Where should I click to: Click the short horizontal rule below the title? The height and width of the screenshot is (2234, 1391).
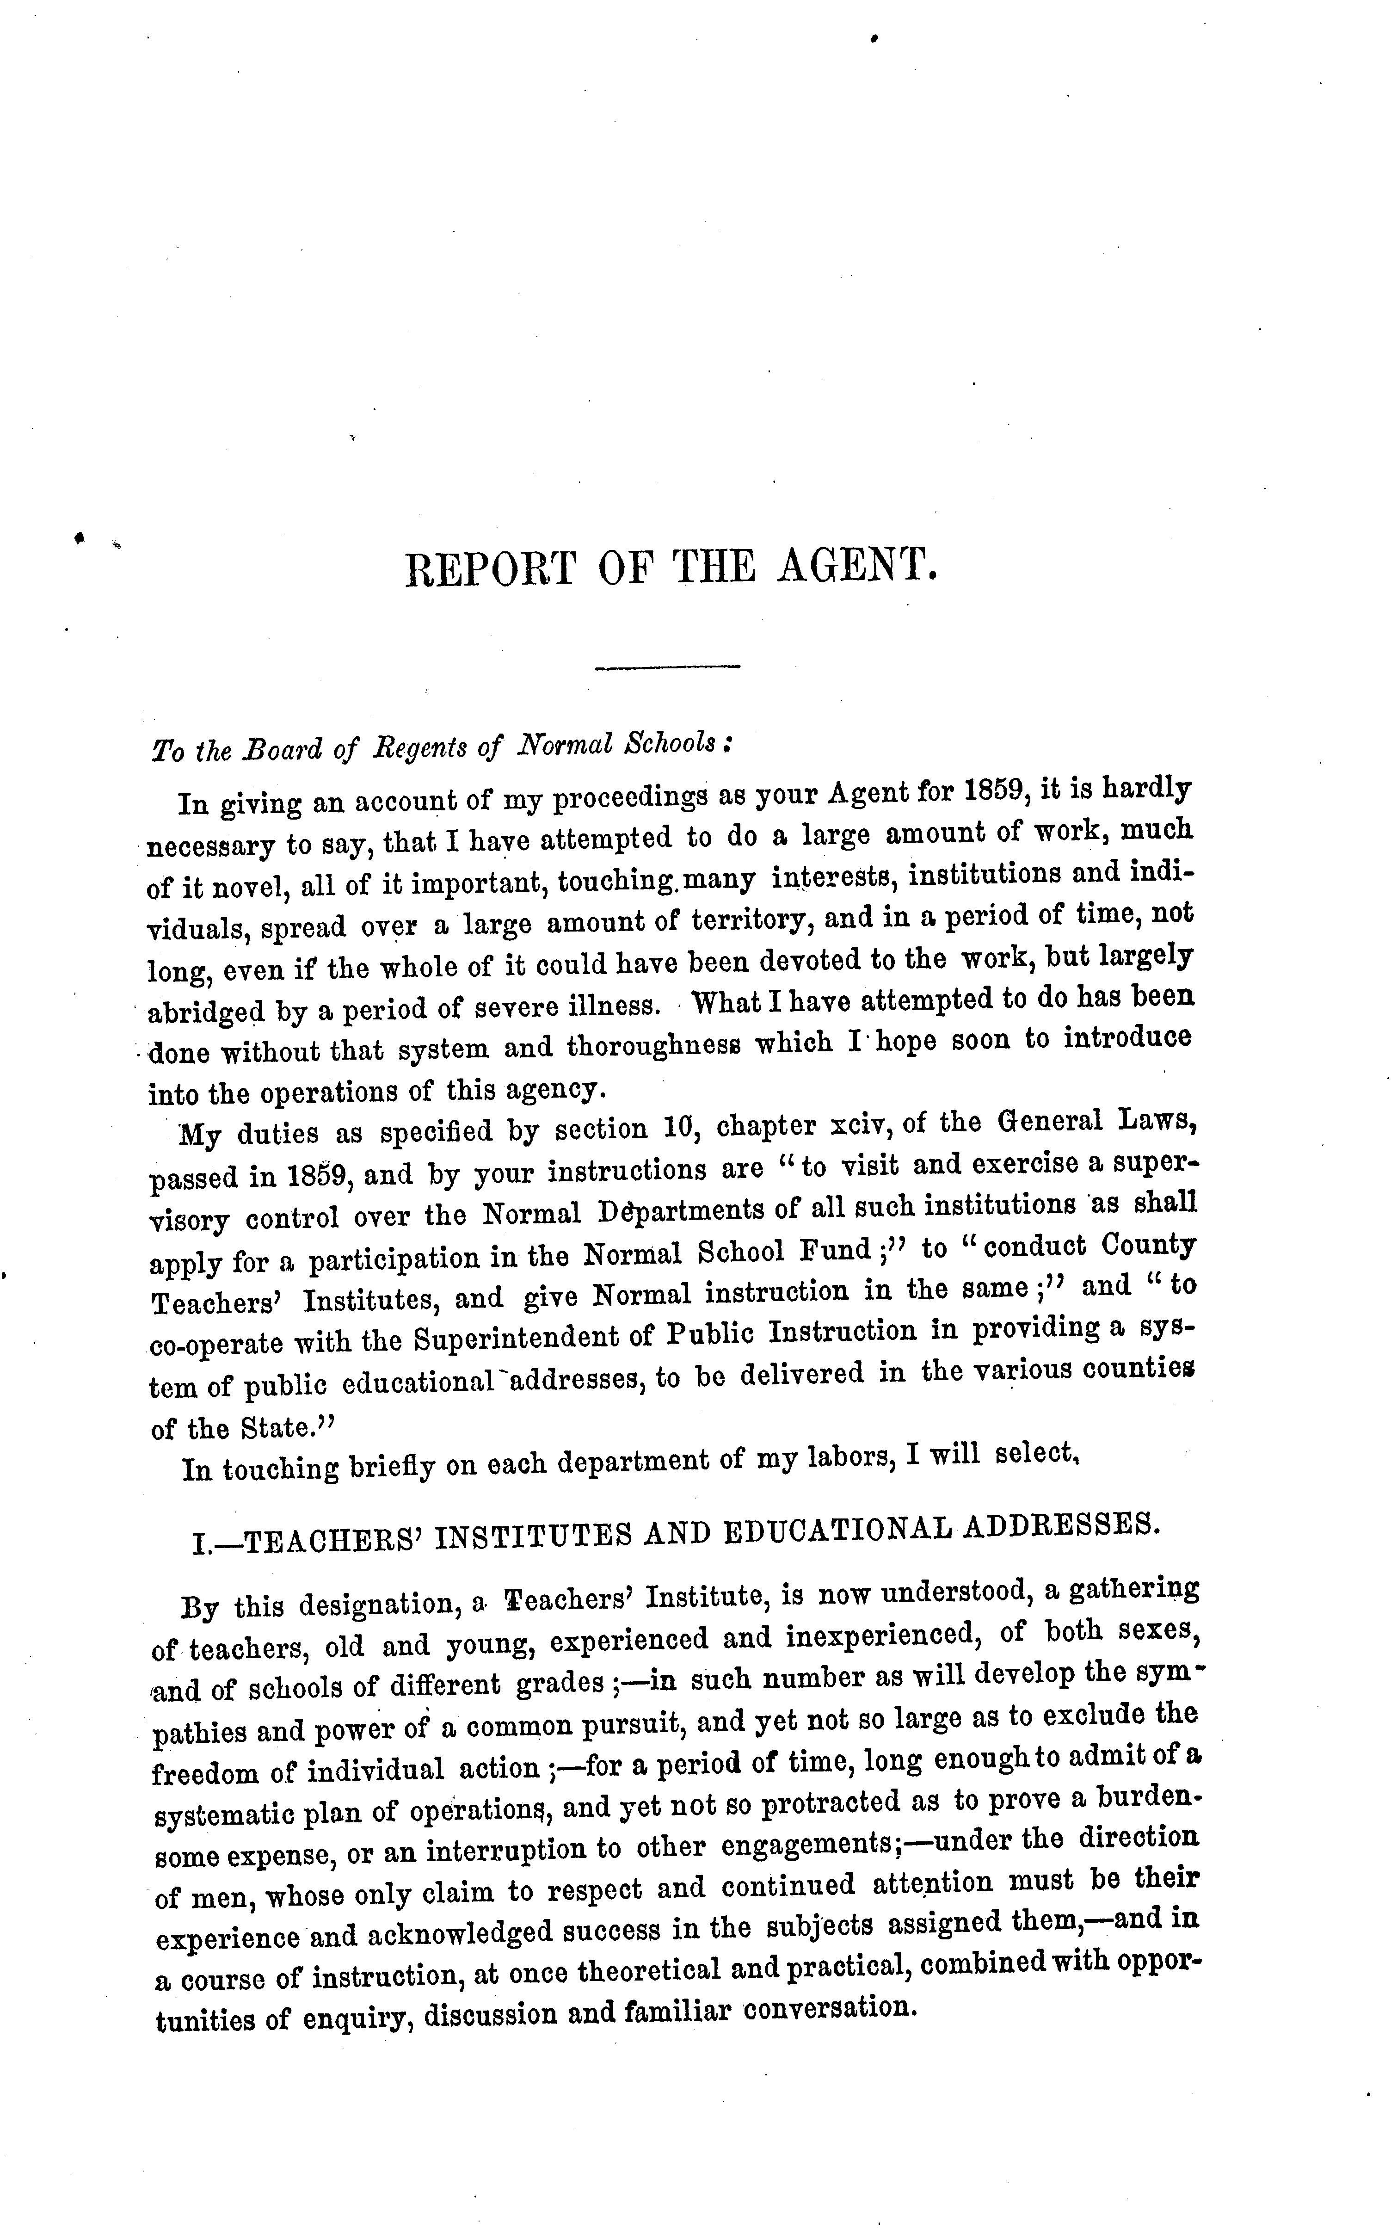tap(668, 666)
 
